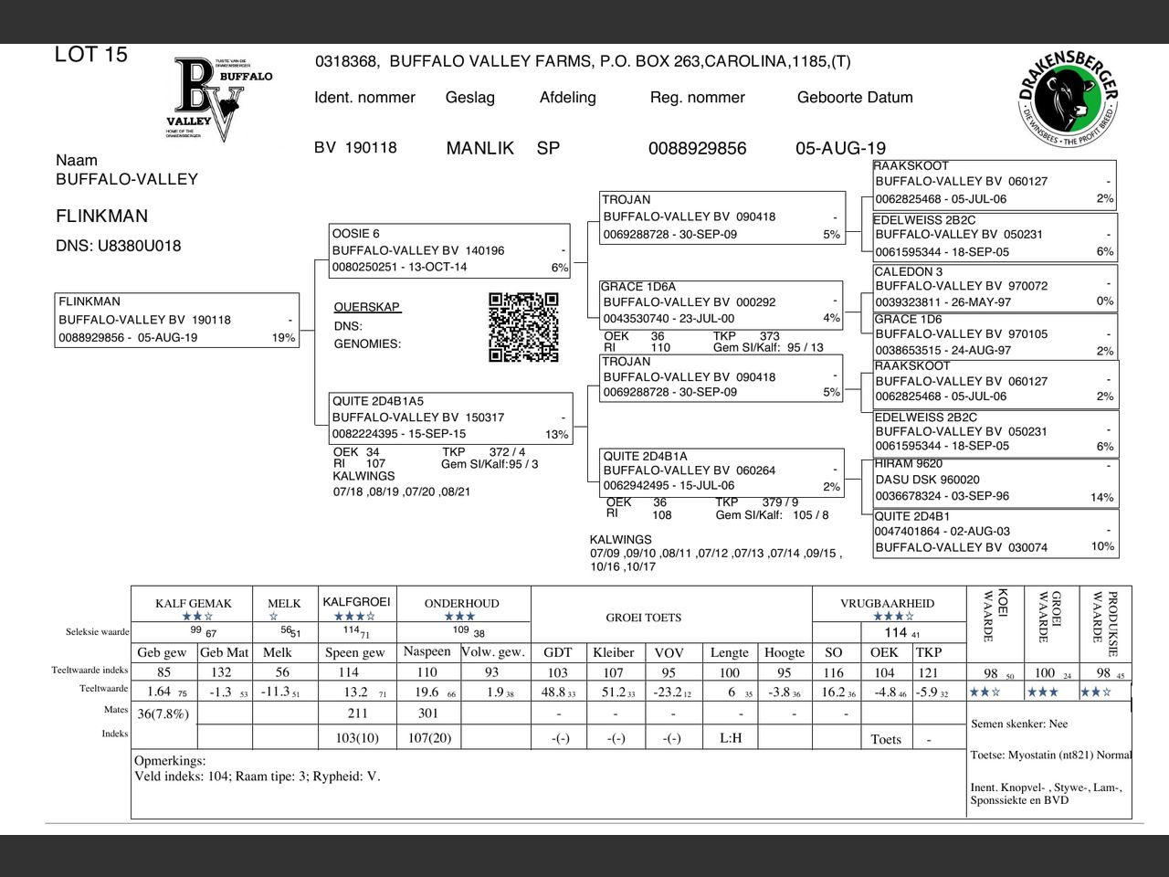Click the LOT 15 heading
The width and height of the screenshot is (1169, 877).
click(91, 55)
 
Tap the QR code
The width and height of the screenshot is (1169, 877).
click(523, 327)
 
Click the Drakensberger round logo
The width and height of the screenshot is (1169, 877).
click(1068, 101)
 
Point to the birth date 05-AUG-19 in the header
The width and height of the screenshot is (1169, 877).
click(840, 148)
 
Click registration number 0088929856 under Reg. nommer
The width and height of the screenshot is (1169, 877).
click(697, 148)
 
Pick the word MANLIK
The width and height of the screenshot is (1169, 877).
click(479, 148)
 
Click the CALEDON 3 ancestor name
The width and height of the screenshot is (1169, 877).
click(908, 271)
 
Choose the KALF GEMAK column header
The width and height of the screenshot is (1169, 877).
click(193, 604)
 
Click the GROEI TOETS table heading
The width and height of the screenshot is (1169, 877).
click(643, 618)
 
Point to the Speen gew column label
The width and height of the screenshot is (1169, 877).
click(354, 652)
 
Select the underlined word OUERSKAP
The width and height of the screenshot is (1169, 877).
click(367, 307)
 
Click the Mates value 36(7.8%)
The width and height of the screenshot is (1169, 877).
click(163, 713)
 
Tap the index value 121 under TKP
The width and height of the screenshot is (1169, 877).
click(928, 672)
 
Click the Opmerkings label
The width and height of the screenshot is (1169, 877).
click(170, 760)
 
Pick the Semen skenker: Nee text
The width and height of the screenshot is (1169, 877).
click(1019, 724)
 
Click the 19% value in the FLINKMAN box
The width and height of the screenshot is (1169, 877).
click(283, 338)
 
